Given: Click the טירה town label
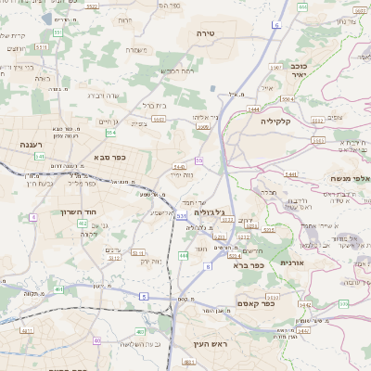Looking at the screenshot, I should point(206,32).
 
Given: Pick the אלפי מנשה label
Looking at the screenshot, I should point(350,178).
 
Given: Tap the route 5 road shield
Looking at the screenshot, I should point(144,296).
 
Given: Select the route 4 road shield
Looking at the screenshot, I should point(33,216).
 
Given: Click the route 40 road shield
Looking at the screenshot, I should point(96,340).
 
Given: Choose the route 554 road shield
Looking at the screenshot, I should point(110,132).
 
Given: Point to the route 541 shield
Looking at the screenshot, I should point(40,157).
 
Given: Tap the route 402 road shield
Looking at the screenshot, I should point(83,224).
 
